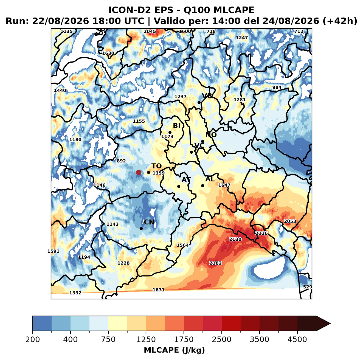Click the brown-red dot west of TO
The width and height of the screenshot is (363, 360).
point(139,172)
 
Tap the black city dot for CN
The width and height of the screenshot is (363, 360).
point(141,229)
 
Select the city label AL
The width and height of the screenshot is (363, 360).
point(210,179)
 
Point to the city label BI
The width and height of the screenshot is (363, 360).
point(176,125)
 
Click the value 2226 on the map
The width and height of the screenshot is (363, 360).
point(261,233)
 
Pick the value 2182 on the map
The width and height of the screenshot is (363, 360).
point(215,263)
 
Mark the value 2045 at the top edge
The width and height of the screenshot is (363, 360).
point(150,31)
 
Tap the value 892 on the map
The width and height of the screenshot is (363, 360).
point(121,161)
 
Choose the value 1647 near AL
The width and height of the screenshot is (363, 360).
point(224,185)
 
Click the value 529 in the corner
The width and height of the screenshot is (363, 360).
point(307,287)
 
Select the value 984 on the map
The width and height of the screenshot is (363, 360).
point(277,87)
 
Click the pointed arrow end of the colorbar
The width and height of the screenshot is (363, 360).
point(330,324)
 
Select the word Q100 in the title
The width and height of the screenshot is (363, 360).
point(196,10)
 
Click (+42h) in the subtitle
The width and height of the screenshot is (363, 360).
point(340,21)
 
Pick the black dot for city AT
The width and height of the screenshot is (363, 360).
point(179,186)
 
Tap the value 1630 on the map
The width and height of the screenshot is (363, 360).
point(108,53)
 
